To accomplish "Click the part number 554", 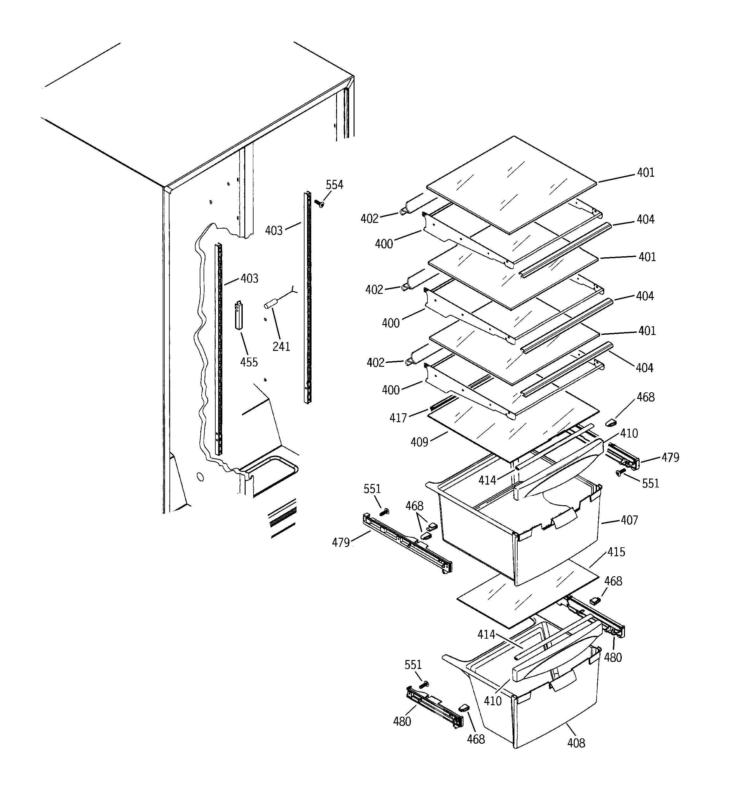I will (334, 185).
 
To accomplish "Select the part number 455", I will (249, 362).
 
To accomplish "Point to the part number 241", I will (281, 346).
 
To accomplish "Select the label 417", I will (398, 418).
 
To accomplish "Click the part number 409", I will (419, 442).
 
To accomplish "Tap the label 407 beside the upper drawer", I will (629, 520).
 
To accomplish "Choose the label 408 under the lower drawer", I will (576, 743).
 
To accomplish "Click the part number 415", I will (616, 552).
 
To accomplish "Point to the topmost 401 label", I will (646, 173).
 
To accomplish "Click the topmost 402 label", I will (369, 218).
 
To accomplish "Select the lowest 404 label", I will (645, 368).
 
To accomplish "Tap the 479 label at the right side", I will (671, 458).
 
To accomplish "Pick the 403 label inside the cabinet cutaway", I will (249, 278).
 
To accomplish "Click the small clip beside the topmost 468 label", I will (611, 422).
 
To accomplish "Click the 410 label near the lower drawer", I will (493, 701).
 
